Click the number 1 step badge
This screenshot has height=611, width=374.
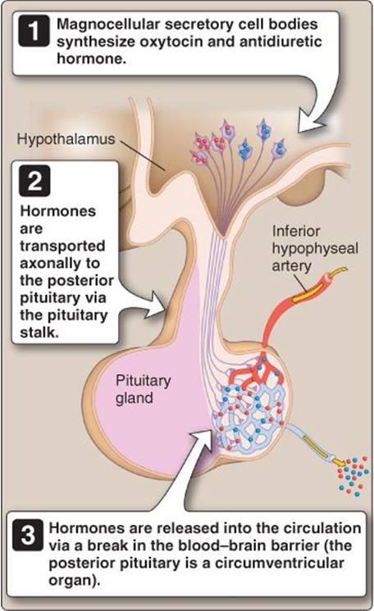pyautogui.click(x=34, y=31)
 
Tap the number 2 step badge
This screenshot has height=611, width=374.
pyautogui.click(x=34, y=180)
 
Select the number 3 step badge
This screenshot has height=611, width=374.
pyautogui.click(x=28, y=535)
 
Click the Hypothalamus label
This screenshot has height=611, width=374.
pyautogui.click(x=66, y=139)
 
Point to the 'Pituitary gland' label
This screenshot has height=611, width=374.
pyautogui.click(x=144, y=389)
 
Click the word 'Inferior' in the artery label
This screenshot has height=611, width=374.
pyautogui.click(x=296, y=231)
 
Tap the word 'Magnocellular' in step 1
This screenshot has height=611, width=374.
pyautogui.click(x=107, y=24)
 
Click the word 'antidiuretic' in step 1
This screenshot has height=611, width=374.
pyautogui.click(x=280, y=41)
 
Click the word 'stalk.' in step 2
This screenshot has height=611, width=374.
pyautogui.click(x=39, y=333)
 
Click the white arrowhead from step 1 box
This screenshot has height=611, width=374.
pyautogui.click(x=311, y=122)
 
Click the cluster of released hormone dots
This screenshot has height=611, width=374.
pyautogui.click(x=353, y=475)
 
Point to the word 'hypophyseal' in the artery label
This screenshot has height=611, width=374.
pyautogui.click(x=315, y=249)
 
